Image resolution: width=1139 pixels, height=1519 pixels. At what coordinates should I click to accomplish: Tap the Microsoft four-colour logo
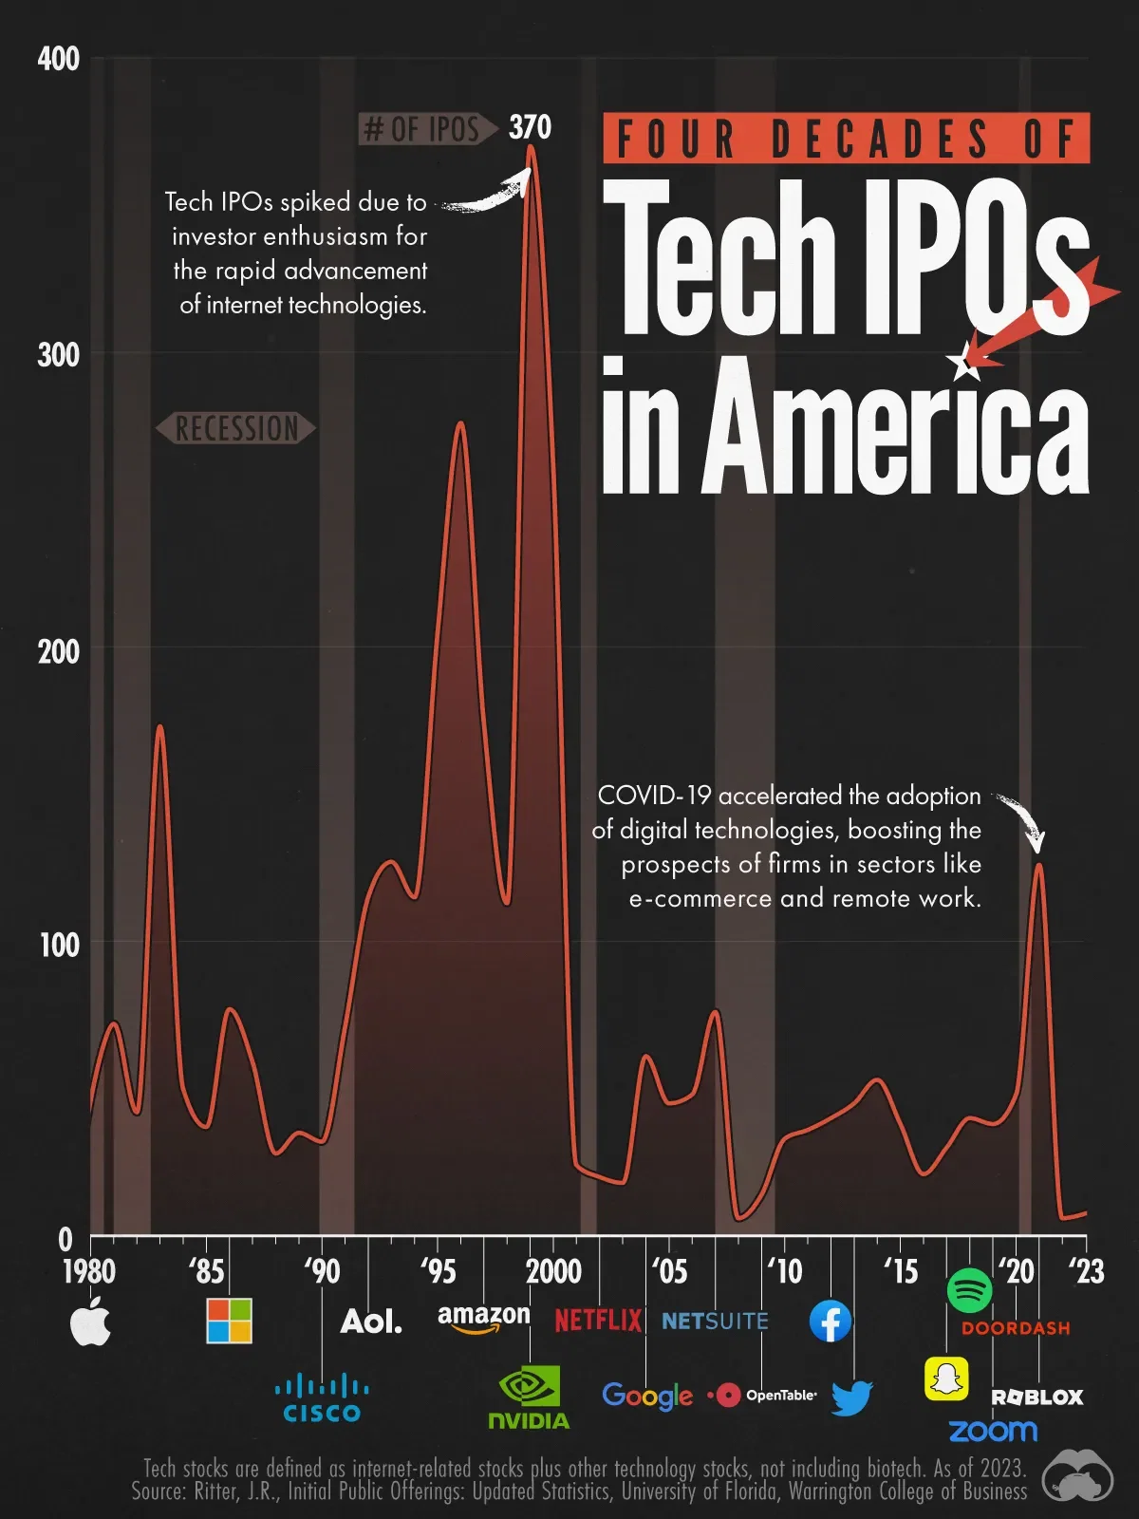(229, 1321)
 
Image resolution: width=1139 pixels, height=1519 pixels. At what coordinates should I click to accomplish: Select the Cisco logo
(322, 1398)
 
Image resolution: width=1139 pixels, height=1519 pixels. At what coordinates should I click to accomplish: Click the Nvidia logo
(529, 1398)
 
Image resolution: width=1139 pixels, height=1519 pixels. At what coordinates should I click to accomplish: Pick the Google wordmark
(647, 1396)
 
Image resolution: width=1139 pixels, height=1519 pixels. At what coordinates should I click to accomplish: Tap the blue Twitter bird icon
(851, 1397)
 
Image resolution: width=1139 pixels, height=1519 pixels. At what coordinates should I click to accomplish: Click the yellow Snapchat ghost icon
(946, 1378)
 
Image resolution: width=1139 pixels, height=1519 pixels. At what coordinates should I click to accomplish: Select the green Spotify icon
(969, 1291)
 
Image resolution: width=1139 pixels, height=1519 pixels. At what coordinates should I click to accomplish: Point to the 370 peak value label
(530, 127)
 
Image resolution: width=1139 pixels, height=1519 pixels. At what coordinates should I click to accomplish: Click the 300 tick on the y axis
(58, 355)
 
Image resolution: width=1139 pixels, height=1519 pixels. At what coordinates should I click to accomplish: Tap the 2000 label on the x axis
(553, 1270)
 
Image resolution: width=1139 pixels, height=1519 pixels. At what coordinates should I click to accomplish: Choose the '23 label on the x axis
(1086, 1270)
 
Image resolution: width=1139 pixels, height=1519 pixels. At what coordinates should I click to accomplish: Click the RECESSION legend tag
(236, 428)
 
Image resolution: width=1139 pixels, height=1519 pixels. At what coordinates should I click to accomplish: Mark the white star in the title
(965, 362)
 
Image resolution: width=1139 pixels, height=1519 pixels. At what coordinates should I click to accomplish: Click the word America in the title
(894, 427)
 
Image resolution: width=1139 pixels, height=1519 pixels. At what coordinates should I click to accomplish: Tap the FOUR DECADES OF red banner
(846, 139)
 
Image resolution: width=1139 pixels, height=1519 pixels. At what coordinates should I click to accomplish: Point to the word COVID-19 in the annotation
(654, 796)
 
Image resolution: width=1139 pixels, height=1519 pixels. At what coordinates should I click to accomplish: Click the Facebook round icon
(831, 1321)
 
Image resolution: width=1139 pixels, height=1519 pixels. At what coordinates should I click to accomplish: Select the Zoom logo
(993, 1431)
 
